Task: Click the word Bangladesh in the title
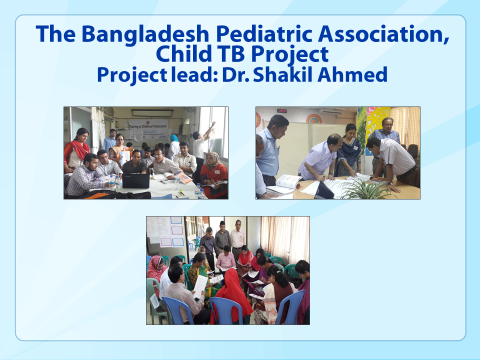[x=145, y=34]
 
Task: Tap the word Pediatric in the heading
[x=264, y=34]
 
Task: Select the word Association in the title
[x=383, y=34]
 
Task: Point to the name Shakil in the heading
[x=283, y=74]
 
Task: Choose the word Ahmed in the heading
[x=352, y=74]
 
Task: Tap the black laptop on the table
[x=136, y=181]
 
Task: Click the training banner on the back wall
[x=148, y=129]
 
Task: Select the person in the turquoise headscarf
[x=174, y=147]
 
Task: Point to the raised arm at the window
[x=209, y=131]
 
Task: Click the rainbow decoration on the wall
[x=314, y=119]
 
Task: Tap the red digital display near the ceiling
[x=282, y=110]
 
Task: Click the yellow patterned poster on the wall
[x=378, y=122]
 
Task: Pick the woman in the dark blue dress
[x=349, y=151]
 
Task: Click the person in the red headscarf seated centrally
[x=232, y=296]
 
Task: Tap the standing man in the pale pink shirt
[x=237, y=239]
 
